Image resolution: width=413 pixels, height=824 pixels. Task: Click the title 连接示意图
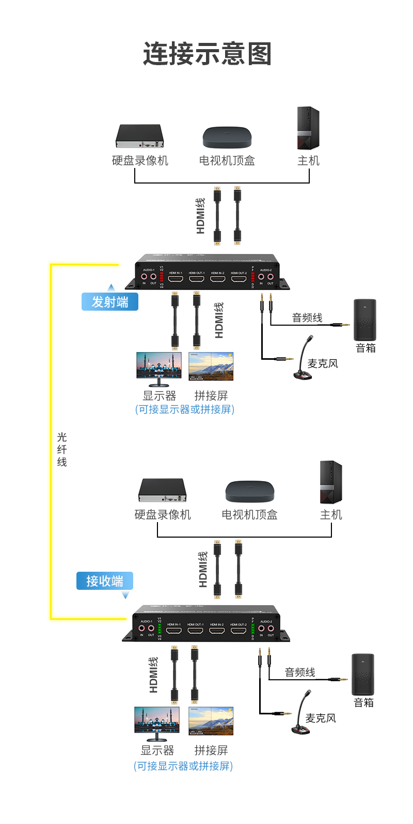coord(207,54)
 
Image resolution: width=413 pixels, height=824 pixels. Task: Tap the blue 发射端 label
coord(109,302)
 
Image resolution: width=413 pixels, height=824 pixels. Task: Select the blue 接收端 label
coord(104,581)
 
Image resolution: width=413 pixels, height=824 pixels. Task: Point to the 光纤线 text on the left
coord(62,449)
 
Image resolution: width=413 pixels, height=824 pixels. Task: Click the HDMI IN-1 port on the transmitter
coord(176,279)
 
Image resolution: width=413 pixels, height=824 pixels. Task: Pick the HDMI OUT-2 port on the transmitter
coord(239,279)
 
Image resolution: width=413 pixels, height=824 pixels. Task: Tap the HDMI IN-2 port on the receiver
coord(217,631)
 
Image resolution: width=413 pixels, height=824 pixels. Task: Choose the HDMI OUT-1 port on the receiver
coord(196,631)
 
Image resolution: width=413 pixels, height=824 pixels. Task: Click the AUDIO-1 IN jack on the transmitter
coord(144,277)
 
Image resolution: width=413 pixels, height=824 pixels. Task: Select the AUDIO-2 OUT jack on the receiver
coord(271,629)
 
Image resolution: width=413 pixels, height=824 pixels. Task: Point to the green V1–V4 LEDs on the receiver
coord(160,629)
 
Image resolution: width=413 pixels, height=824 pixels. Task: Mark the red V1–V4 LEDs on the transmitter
coord(162,277)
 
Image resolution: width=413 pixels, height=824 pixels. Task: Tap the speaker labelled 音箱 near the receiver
coord(363,675)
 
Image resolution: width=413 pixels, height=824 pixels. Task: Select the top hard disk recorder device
coord(139,136)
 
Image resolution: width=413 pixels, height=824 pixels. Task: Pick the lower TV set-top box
coord(250,492)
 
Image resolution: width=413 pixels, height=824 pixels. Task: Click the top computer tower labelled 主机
coord(308,128)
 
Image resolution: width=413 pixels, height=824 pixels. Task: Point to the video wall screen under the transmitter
coord(211,367)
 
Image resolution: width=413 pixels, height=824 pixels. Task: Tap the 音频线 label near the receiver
coord(300,673)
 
